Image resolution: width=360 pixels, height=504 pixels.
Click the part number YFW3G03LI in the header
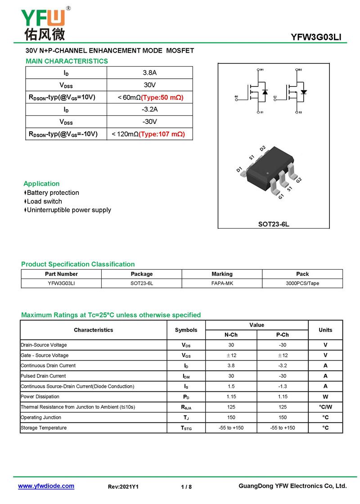[316, 37]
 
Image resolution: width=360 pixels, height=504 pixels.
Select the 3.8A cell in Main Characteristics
[149, 73]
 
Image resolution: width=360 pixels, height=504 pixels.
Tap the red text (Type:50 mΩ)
[162, 97]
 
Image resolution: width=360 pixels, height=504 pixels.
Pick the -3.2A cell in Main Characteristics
[149, 109]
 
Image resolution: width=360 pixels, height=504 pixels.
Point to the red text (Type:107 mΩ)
[162, 134]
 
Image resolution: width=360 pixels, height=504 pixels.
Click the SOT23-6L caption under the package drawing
[273, 224]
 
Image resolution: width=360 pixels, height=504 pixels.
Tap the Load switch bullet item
[44, 201]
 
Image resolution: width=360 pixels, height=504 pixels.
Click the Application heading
[41, 184]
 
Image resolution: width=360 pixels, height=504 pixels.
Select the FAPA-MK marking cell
[222, 283]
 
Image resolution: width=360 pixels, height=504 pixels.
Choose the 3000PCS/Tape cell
[302, 283]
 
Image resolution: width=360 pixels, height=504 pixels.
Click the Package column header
[142, 274]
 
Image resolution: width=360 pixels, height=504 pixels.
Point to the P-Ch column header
[282, 335]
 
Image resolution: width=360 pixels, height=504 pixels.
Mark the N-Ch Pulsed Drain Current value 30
[231, 376]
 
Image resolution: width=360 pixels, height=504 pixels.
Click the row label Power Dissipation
[40, 396]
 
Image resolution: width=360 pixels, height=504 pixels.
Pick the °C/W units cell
[325, 407]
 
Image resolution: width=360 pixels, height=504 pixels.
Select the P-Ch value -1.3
[282, 387]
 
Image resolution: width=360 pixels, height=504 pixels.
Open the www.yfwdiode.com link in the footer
[46, 486]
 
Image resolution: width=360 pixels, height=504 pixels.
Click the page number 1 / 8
[186, 487]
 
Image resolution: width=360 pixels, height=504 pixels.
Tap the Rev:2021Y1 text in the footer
[123, 487]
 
